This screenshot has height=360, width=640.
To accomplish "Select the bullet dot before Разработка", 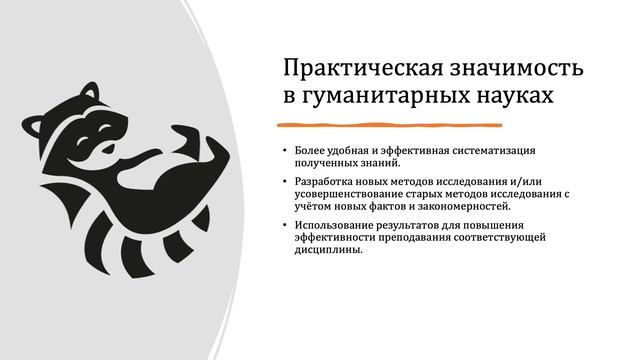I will (283, 181).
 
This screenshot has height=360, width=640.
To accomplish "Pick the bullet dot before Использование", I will (283, 224).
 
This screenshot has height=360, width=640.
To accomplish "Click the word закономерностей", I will (461, 206).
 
